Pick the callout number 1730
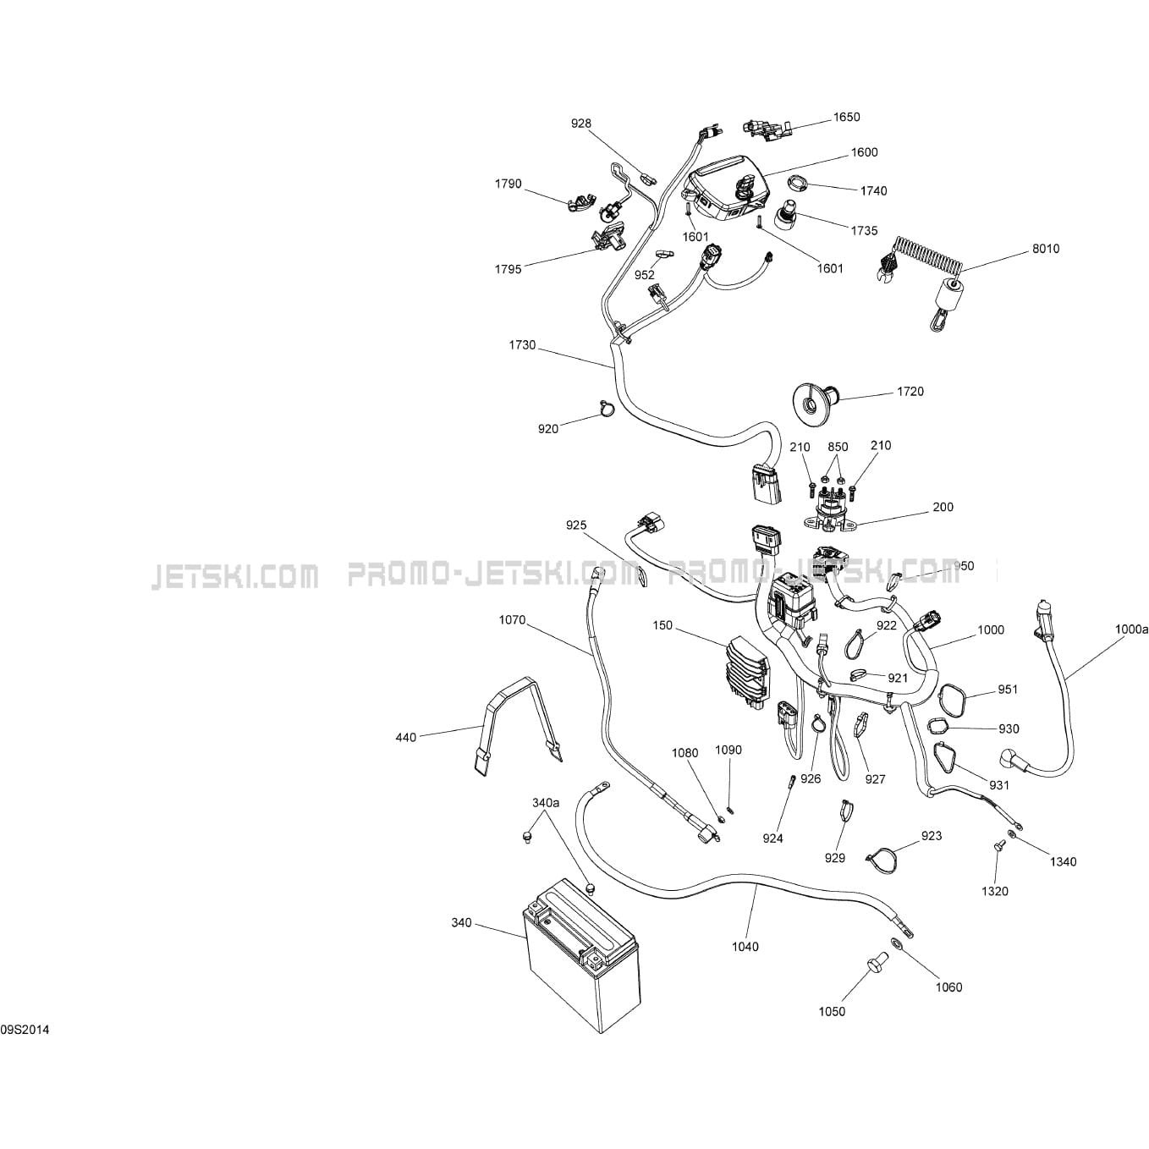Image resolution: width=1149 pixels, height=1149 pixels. point(522,345)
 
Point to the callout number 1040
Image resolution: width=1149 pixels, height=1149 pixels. point(745,947)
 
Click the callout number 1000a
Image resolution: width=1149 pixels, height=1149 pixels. point(1131,629)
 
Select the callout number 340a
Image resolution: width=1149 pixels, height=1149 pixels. point(546,802)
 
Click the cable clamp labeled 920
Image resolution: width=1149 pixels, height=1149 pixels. point(605,410)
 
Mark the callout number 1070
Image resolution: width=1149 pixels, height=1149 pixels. point(512,620)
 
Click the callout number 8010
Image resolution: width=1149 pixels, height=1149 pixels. point(1045,249)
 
